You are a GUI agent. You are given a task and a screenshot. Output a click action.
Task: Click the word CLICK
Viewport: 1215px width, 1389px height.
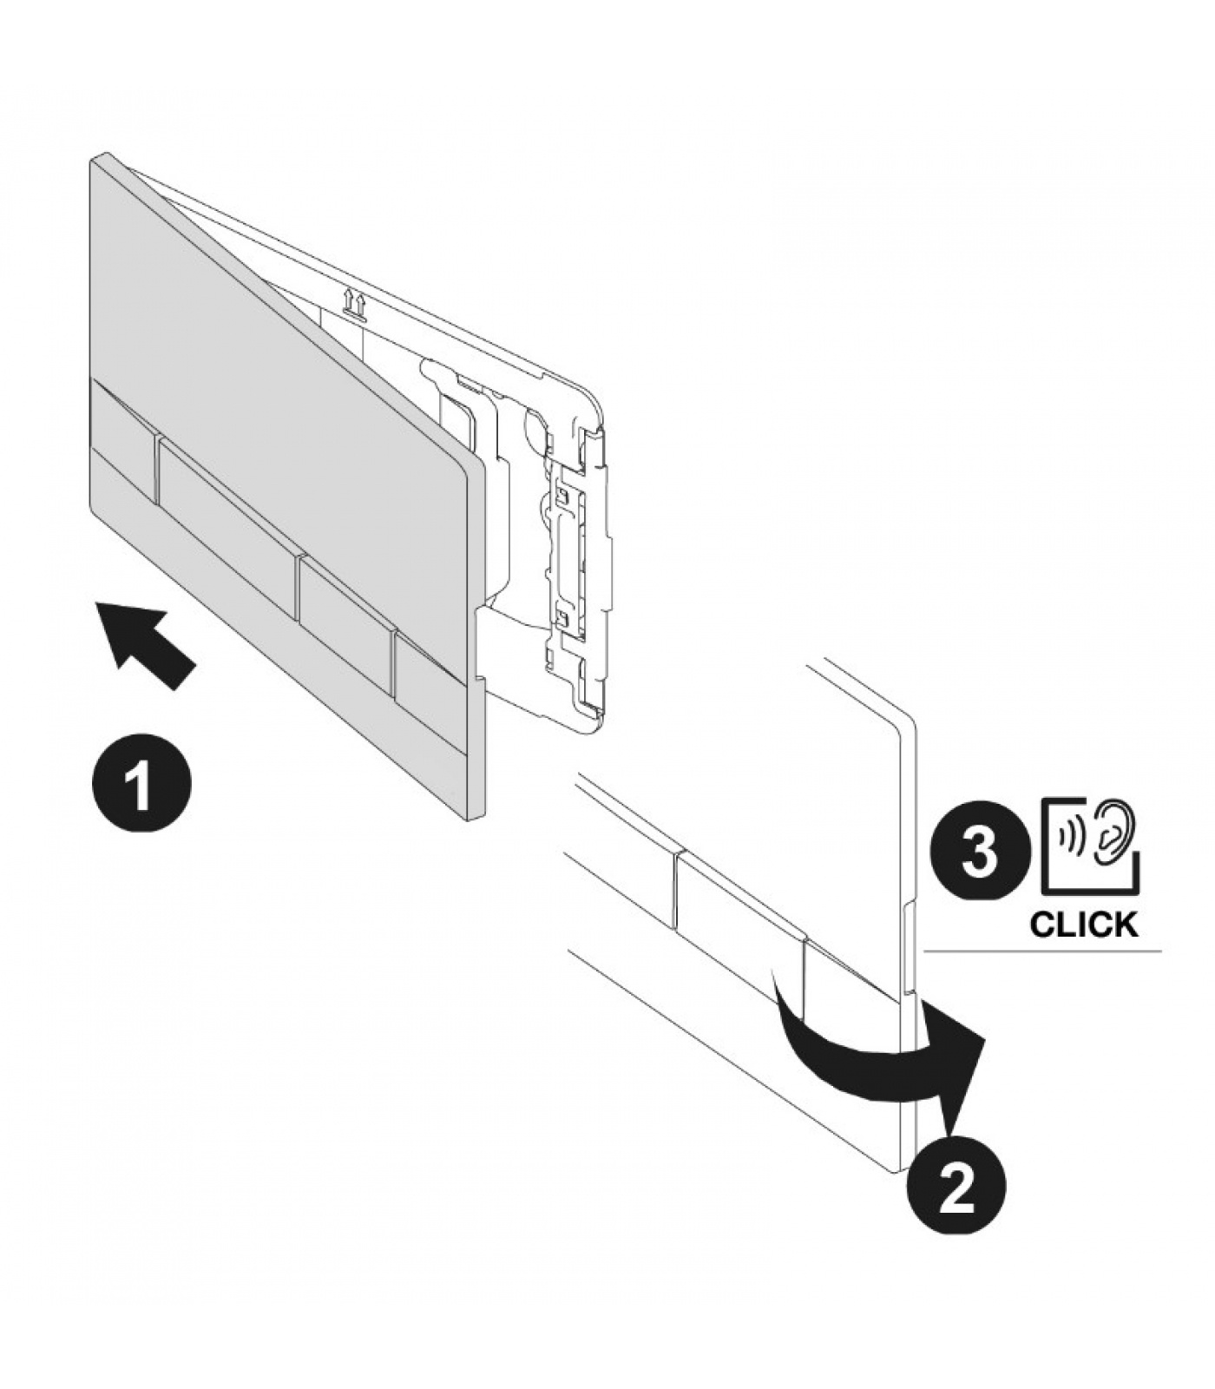[x=1083, y=925]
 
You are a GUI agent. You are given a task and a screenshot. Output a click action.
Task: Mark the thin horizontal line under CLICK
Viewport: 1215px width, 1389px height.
[x=1042, y=951]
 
